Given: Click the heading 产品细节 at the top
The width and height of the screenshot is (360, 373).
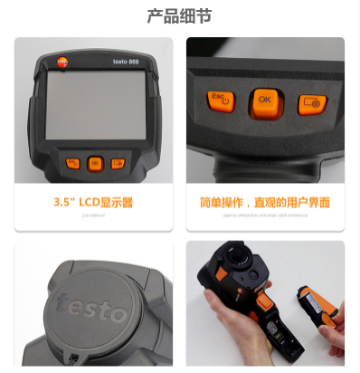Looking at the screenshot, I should click(180, 16).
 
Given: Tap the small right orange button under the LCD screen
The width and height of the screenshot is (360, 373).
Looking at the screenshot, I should click(117, 163).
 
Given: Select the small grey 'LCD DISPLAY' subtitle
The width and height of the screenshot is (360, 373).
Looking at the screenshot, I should click(93, 216).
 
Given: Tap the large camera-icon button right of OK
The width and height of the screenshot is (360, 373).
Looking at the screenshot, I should click(311, 102).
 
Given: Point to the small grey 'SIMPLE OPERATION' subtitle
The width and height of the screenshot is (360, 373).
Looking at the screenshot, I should click(264, 216).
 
